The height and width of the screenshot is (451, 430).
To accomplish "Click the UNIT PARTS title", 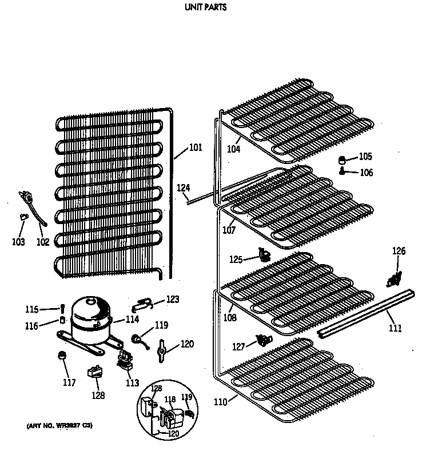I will pos(205,8).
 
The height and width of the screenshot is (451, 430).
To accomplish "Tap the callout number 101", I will pos(196,147).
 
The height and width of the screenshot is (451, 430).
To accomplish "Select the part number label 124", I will pos(183,187).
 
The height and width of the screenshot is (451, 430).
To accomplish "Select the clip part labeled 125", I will pos(264,254).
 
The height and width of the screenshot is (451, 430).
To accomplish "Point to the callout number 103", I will pos(18,242).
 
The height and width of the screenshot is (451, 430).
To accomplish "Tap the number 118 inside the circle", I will pos(170,400).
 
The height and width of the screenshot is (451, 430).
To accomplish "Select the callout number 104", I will pos(233,149).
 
